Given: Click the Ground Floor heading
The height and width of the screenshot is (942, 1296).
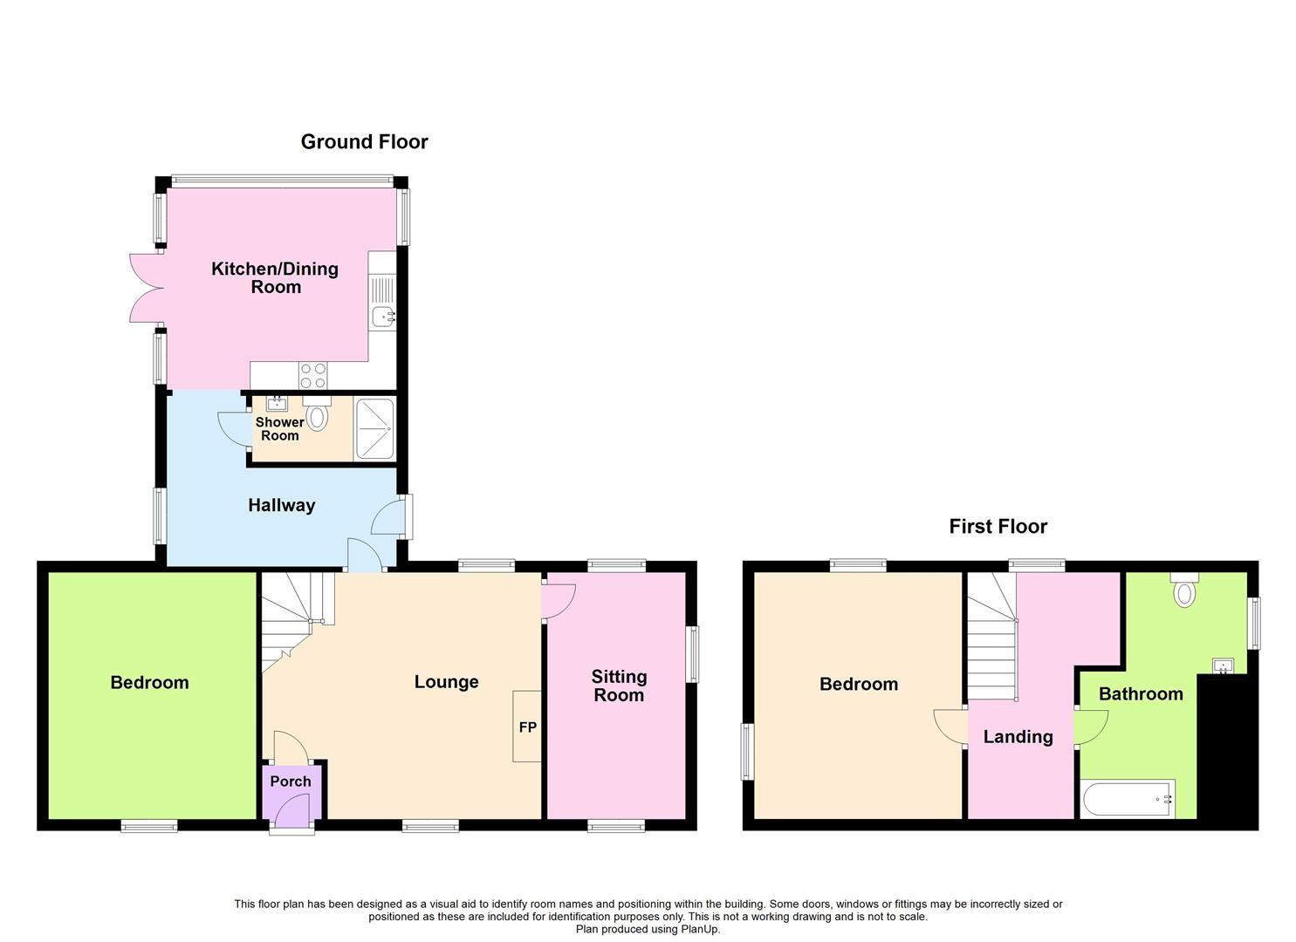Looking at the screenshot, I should coord(364,141).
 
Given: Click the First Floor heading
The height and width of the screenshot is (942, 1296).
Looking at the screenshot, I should coord(998,526).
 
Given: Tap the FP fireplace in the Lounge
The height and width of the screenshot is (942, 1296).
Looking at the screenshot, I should coord(527,727).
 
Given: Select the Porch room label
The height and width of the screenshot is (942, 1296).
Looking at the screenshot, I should coord(290,782).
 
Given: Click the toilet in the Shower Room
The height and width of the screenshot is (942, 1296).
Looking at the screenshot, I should coord(318,416).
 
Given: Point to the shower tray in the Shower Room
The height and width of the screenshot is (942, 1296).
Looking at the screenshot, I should coord(374,429).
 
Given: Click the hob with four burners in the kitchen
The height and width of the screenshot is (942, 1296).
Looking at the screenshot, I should coord(313,375).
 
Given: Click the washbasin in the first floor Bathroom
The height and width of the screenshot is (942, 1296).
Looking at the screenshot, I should coord(1224,667).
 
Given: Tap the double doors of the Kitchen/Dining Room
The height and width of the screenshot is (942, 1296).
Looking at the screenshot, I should coord(143,289).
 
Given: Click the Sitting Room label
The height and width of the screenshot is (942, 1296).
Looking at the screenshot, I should coord(619,686).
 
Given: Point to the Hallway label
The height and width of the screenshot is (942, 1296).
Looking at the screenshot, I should coord(281,505).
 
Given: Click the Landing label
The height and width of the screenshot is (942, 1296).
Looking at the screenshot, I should coord(1018,737).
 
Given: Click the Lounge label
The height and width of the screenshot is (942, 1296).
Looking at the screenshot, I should coord(446,682).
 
